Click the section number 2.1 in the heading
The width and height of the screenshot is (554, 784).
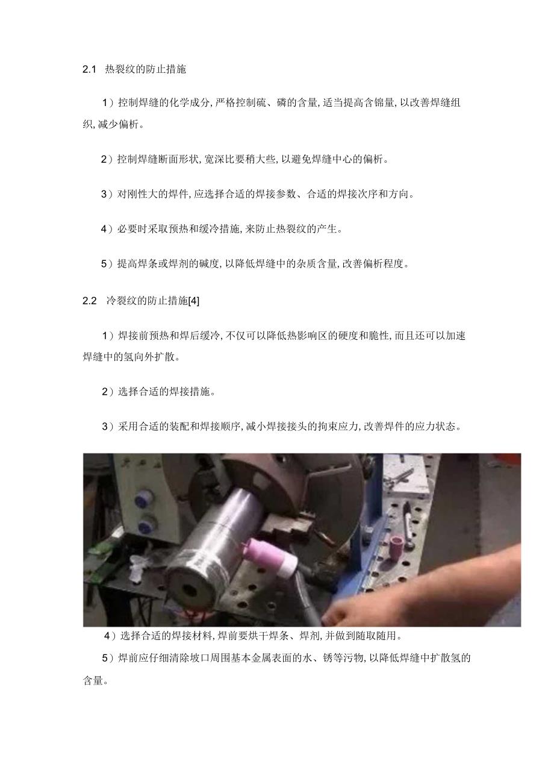coord(89,69)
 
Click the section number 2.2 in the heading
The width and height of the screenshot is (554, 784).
coord(89,301)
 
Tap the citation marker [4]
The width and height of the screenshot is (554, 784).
coord(194,301)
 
